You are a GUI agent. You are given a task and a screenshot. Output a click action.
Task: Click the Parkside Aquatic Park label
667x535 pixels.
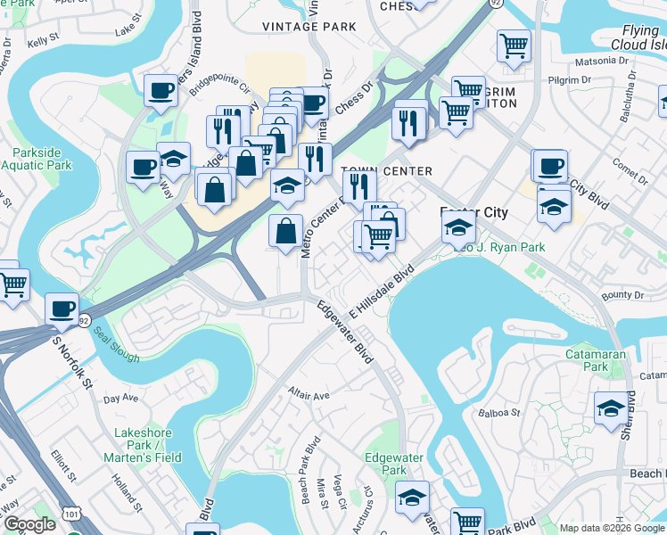[36, 159]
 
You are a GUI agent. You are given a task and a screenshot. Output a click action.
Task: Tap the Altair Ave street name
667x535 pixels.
[309, 394]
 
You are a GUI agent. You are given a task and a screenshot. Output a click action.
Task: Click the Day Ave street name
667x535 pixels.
[120, 398]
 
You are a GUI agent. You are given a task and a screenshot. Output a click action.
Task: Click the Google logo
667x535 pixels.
[30, 524]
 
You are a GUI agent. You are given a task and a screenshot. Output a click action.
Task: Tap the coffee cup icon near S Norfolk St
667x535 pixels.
[62, 309]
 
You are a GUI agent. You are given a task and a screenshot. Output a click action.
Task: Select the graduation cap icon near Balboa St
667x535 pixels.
[611, 408]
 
